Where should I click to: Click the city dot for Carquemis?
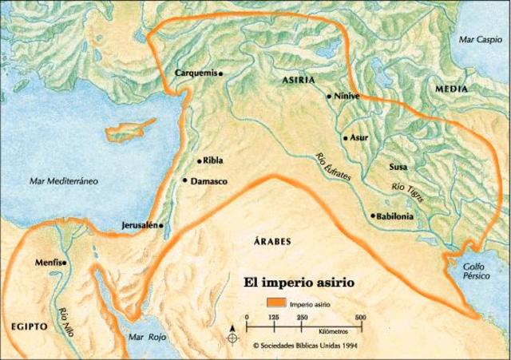pyautogui.click(x=220, y=73)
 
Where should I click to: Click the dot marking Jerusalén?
pyautogui.click(x=163, y=225)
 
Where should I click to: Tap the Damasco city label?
pyautogui.click(x=210, y=182)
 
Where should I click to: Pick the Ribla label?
pyautogui.click(x=214, y=160)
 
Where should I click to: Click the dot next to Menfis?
pyautogui.click(x=66, y=262)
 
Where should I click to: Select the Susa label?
pyautogui.click(x=398, y=167)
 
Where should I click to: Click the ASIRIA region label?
pyautogui.click(x=298, y=81)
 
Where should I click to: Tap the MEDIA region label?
pyautogui.click(x=451, y=90)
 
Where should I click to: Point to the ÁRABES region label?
pyautogui.click(x=272, y=240)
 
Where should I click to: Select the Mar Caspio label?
pyautogui.click(x=477, y=38)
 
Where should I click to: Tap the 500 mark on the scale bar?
pyautogui.click(x=361, y=317)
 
